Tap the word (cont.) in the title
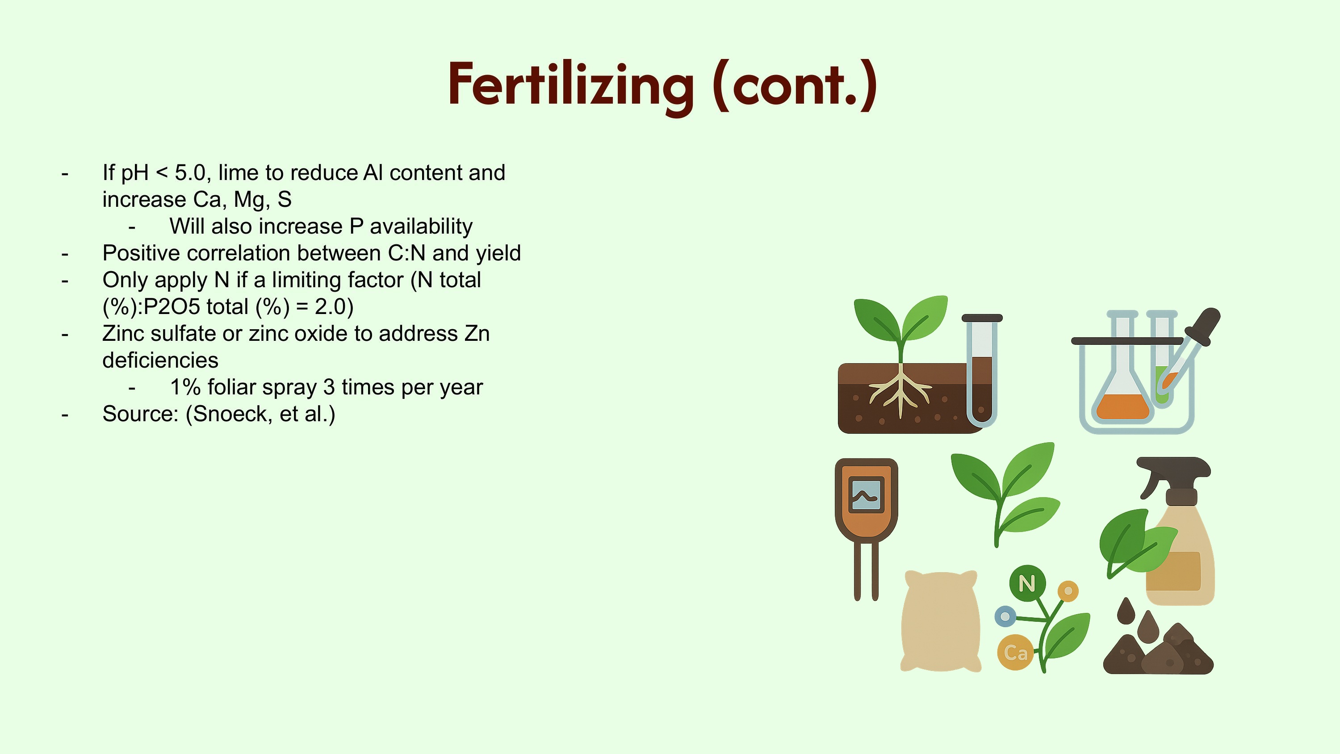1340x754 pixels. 795,85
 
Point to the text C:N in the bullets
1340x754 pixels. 407,253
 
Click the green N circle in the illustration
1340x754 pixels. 1027,583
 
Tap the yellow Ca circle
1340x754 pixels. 1015,652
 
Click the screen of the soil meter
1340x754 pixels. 866,494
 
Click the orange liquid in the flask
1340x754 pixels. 1122,406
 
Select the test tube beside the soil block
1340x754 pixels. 982,370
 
